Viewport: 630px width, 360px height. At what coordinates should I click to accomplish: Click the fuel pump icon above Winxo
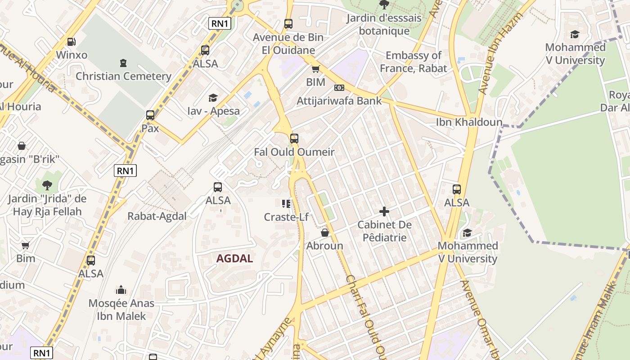pos(71,42)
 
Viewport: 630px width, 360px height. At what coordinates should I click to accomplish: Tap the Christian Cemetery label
pos(123,76)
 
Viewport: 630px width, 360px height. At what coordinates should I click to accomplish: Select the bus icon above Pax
pos(150,115)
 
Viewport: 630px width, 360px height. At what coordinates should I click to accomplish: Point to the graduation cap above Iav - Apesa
pos(213,98)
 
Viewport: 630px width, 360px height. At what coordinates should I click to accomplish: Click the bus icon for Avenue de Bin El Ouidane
pos(288,23)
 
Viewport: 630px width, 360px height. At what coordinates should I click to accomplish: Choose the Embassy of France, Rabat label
pos(413,62)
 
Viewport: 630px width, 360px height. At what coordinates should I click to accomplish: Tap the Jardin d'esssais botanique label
pos(384,24)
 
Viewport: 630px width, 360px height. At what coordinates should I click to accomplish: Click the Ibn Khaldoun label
pos(463,122)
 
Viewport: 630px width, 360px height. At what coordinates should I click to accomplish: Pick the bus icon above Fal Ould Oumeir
pos(294,138)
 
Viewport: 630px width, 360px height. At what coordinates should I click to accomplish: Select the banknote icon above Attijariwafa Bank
pos(339,88)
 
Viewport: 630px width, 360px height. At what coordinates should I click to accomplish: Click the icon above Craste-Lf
pos(286,204)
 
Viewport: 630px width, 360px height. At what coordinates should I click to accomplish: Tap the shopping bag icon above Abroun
pos(325,233)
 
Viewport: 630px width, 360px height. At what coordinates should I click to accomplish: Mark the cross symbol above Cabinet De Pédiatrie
pos(384,211)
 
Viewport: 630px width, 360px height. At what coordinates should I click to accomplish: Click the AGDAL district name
pos(234,259)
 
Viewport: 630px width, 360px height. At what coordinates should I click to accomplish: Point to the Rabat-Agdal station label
pos(157,216)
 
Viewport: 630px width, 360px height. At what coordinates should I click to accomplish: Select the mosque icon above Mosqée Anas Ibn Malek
pos(121,290)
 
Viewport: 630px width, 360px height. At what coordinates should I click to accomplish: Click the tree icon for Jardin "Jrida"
pos(47,185)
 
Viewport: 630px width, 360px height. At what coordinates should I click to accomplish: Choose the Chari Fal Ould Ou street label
pos(366,315)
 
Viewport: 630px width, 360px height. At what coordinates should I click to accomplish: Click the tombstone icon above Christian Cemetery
pos(123,63)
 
